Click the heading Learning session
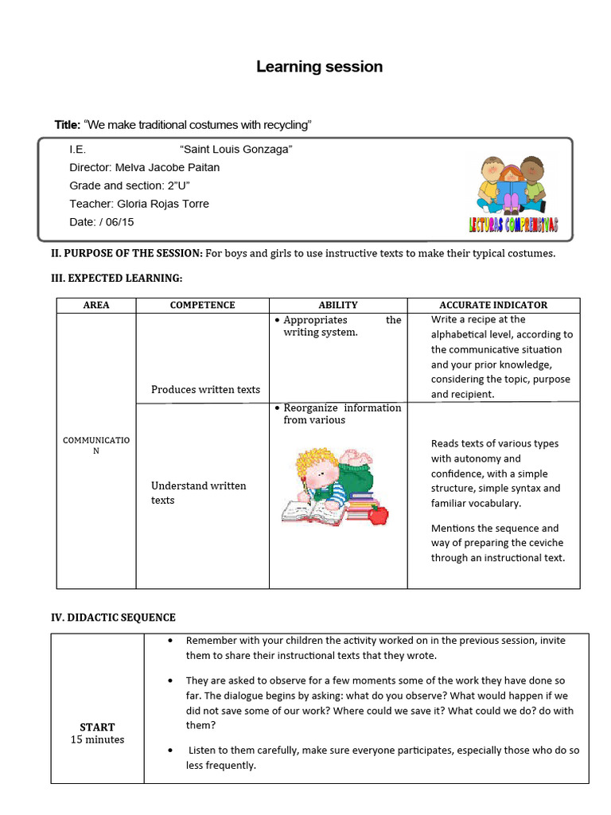[x=319, y=67]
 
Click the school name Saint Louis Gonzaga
[x=236, y=149]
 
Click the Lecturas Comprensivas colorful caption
[x=513, y=225]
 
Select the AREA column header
[x=96, y=305]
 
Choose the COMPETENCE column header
[x=202, y=305]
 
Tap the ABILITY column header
[x=338, y=305]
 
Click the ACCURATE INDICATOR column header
[x=493, y=305]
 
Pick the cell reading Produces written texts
[x=205, y=389]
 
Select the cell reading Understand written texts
[x=198, y=493]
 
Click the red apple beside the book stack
[x=379, y=514]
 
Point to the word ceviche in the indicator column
[x=544, y=543]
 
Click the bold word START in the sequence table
[x=97, y=727]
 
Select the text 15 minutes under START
[x=97, y=739]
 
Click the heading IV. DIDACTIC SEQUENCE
[x=113, y=617]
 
